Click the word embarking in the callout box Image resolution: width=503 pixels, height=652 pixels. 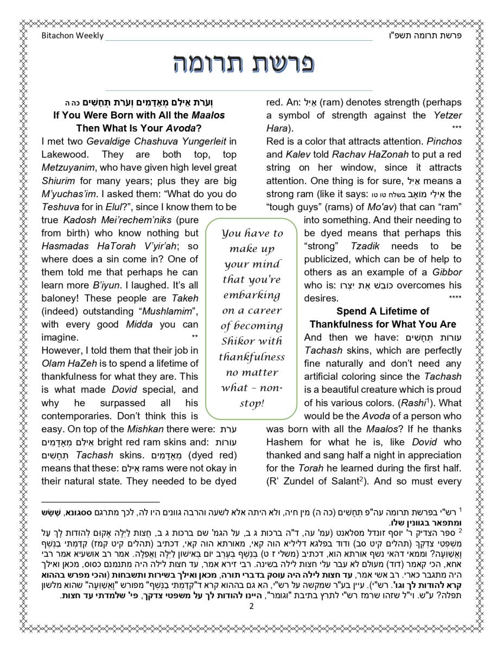click(x=251, y=295)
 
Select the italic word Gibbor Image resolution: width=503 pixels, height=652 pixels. click(x=447, y=272)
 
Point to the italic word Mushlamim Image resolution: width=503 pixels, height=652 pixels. click(x=170, y=311)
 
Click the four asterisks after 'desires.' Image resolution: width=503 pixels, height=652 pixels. click(x=455, y=298)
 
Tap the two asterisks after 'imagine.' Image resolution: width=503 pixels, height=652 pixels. click(x=195, y=337)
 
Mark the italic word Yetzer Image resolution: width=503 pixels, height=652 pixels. click(x=448, y=115)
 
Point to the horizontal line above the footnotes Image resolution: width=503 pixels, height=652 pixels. click(x=100, y=502)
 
